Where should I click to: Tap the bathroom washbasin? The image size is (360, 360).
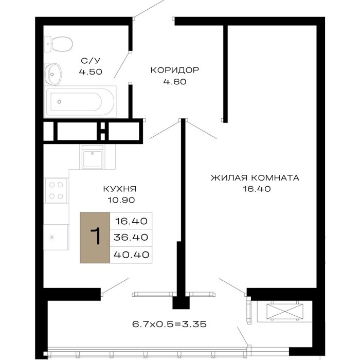[x=53, y=74]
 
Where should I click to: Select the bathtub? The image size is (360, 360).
[x=80, y=102]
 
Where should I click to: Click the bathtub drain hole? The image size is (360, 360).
[x=60, y=102]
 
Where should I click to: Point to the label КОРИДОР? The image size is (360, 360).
[x=175, y=70]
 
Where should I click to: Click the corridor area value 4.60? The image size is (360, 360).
[x=175, y=81]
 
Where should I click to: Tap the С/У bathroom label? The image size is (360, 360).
[x=91, y=61]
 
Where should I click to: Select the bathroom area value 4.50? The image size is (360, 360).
[x=91, y=71]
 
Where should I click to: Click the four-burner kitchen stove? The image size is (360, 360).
[x=56, y=191]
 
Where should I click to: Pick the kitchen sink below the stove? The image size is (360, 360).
[x=56, y=237]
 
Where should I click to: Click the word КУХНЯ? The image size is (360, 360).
[x=120, y=189]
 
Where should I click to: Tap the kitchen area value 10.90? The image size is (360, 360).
[x=121, y=200]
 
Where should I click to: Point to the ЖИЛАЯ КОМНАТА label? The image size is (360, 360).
[x=255, y=178]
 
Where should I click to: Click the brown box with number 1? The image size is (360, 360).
[x=95, y=238]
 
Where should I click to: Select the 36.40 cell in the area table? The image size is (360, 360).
[x=131, y=238]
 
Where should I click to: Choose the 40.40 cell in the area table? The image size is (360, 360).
[x=131, y=255]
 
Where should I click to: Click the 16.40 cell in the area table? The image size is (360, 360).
[x=131, y=221]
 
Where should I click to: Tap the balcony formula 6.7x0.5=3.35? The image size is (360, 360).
[x=169, y=324]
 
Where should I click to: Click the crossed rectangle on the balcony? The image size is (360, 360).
[x=285, y=312]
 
